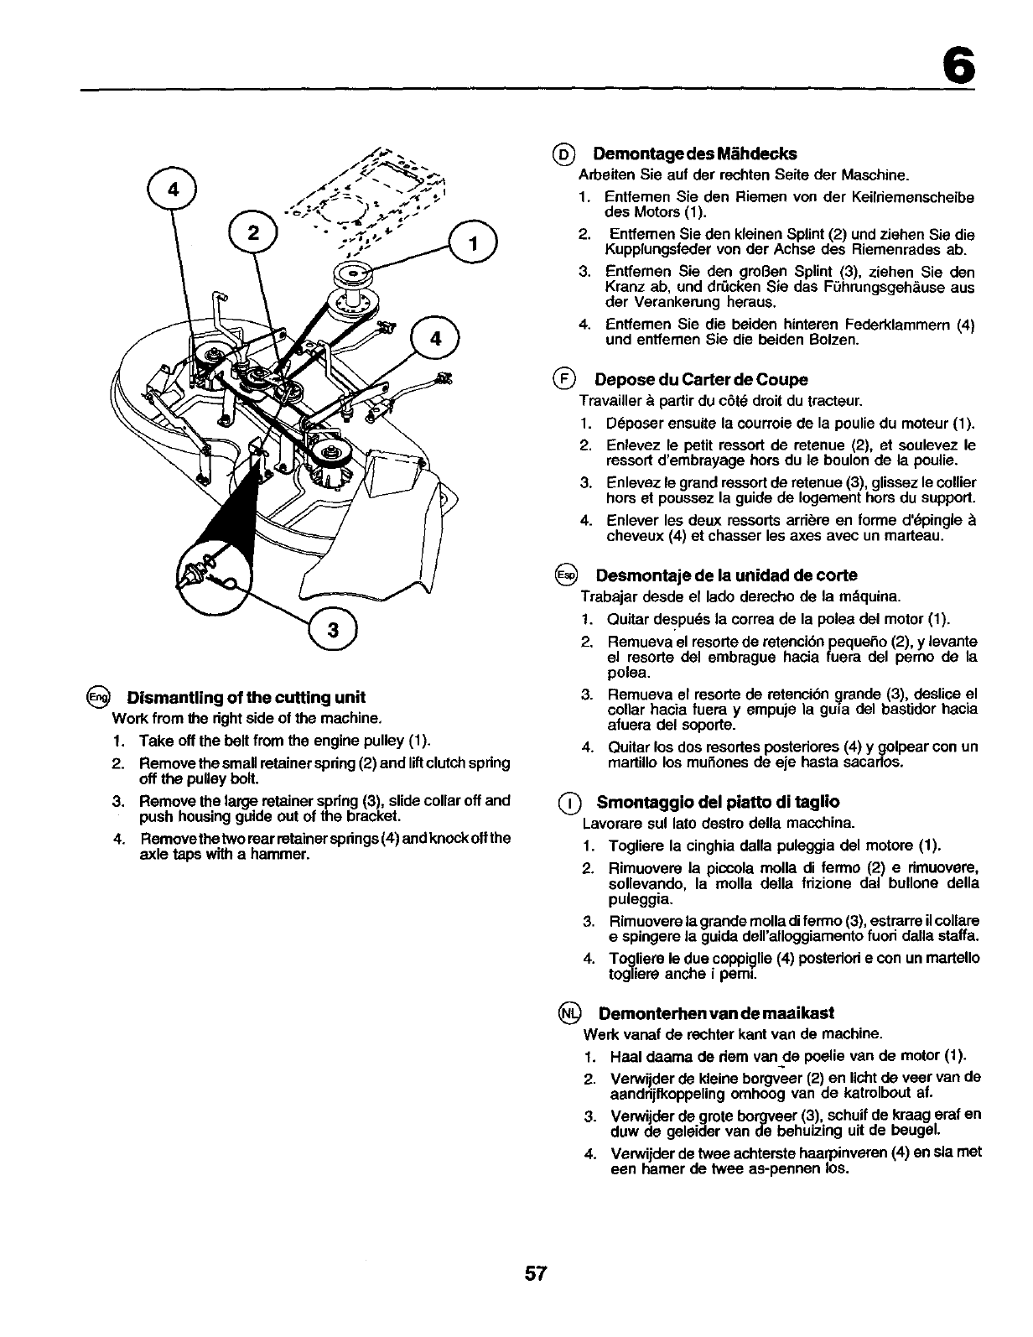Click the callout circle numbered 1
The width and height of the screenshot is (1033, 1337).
pyautogui.click(x=473, y=244)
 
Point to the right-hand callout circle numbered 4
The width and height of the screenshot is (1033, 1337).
pyautogui.click(x=435, y=340)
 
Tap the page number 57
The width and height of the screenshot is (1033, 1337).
pyautogui.click(x=536, y=1273)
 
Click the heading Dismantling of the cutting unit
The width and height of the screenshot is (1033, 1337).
pyautogui.click(x=246, y=698)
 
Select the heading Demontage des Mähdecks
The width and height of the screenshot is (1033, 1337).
pyautogui.click(x=694, y=153)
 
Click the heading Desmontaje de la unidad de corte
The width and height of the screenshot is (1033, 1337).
pyautogui.click(x=726, y=575)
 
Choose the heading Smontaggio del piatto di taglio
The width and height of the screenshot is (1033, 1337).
pyautogui.click(x=719, y=801)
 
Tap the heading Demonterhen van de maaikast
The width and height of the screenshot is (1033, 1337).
pyautogui.click(x=716, y=1013)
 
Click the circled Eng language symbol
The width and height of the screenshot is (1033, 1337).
pyautogui.click(x=99, y=698)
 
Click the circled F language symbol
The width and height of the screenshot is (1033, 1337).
pyautogui.click(x=564, y=380)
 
